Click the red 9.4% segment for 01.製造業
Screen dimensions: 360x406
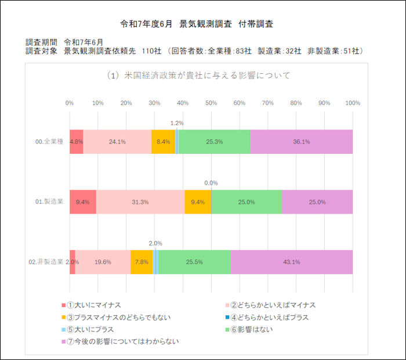click(x=82, y=202)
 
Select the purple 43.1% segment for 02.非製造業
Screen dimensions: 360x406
click(x=291, y=262)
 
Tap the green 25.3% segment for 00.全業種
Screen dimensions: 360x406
click(x=214, y=142)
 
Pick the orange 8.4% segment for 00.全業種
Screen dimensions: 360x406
click(x=163, y=142)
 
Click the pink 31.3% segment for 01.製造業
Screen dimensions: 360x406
click(x=140, y=202)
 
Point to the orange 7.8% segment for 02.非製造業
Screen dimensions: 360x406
click(x=142, y=262)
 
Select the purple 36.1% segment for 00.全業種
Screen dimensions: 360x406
click(x=301, y=142)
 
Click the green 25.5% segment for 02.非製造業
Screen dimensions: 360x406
click(x=194, y=262)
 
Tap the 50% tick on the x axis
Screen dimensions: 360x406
click(x=211, y=103)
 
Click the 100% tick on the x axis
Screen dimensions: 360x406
click(x=352, y=103)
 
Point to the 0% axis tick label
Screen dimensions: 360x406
click(x=70, y=103)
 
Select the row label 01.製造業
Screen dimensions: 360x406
click(x=49, y=202)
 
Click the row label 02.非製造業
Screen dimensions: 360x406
click(x=46, y=262)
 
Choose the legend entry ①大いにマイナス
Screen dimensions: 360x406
click(x=93, y=305)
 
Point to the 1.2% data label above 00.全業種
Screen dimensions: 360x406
click(x=177, y=123)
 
